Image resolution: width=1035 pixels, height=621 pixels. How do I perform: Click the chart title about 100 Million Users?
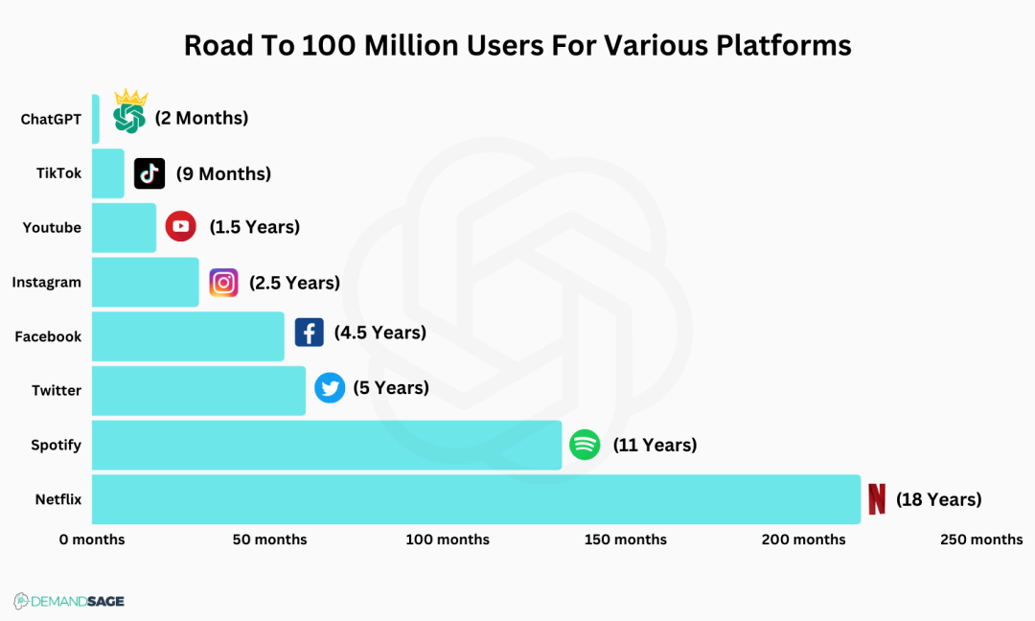[517, 45]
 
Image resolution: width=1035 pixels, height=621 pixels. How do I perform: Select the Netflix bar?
[476, 499]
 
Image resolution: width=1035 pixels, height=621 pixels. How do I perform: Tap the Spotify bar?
[327, 445]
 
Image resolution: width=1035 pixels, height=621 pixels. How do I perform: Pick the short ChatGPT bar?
[96, 119]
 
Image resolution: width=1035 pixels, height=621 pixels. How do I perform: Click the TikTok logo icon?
[149, 173]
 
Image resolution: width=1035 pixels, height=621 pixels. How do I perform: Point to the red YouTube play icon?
[180, 227]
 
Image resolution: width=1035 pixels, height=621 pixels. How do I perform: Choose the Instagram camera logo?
[223, 283]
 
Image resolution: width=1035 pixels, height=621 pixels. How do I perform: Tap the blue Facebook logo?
[309, 333]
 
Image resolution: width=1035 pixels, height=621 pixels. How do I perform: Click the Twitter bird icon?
[330, 388]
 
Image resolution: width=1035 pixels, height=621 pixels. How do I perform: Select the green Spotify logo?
[585, 445]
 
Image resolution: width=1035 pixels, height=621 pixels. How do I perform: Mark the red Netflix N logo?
[876, 499]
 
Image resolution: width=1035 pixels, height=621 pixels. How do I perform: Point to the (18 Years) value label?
[939, 499]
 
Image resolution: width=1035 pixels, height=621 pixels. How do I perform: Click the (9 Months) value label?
[223, 173]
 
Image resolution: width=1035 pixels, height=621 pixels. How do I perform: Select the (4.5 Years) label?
[380, 333]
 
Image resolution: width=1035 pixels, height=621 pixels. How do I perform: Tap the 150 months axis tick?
[626, 540]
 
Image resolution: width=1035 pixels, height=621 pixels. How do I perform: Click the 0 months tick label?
[92, 540]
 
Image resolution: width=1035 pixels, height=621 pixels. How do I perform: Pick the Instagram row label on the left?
[46, 283]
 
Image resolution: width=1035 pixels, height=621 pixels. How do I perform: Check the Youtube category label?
[52, 228]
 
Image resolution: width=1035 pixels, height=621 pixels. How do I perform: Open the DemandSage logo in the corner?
[69, 601]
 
